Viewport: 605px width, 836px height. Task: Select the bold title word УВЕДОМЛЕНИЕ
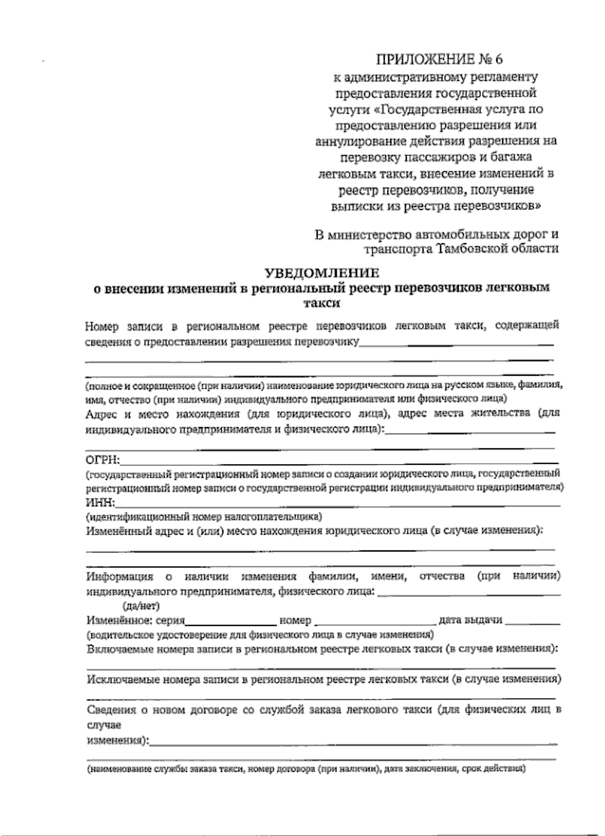[322, 273]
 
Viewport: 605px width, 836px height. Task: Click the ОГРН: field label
[102, 460]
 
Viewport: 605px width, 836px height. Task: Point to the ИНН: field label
[101, 503]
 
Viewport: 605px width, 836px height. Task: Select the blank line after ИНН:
[338, 505]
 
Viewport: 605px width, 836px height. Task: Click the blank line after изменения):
[353, 743]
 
